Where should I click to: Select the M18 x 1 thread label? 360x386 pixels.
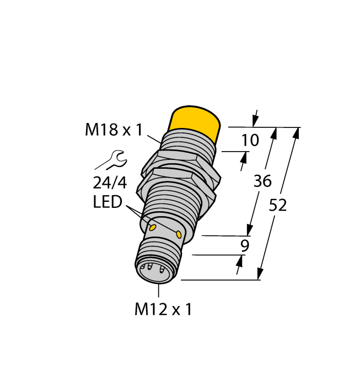[x=114, y=130]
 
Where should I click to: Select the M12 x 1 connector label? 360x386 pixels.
[x=163, y=309]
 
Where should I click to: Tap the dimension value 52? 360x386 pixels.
[x=278, y=205]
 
